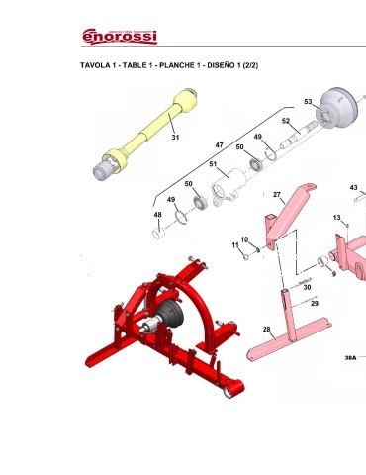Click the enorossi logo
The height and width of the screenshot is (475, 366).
(x=120, y=37)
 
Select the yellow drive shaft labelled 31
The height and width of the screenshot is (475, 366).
(x=145, y=134)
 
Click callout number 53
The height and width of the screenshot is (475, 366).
(x=308, y=102)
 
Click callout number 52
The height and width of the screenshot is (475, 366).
(x=286, y=121)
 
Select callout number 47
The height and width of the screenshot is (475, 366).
(x=219, y=145)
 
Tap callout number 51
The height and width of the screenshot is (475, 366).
(x=213, y=164)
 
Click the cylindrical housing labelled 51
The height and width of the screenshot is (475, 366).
(x=229, y=187)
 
